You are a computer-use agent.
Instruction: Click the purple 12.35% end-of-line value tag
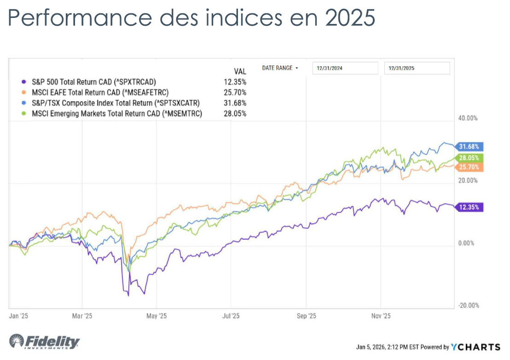point(470,207)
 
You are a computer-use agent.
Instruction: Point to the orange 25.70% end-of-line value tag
point(470,167)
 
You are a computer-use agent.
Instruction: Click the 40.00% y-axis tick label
point(468,118)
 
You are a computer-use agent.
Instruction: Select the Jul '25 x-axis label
point(231,316)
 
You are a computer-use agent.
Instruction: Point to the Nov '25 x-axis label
point(381,316)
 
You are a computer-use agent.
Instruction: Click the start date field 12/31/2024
point(345,68)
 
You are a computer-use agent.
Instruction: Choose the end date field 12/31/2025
point(417,68)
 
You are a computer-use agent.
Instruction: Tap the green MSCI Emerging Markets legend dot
point(23,113)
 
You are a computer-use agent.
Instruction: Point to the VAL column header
point(240,71)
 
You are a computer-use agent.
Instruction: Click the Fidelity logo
point(44,342)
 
